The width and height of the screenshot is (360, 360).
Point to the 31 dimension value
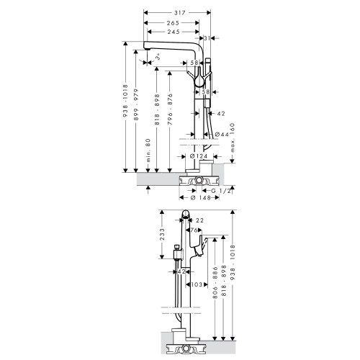[208, 38]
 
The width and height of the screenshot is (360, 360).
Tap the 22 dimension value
[199, 220]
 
